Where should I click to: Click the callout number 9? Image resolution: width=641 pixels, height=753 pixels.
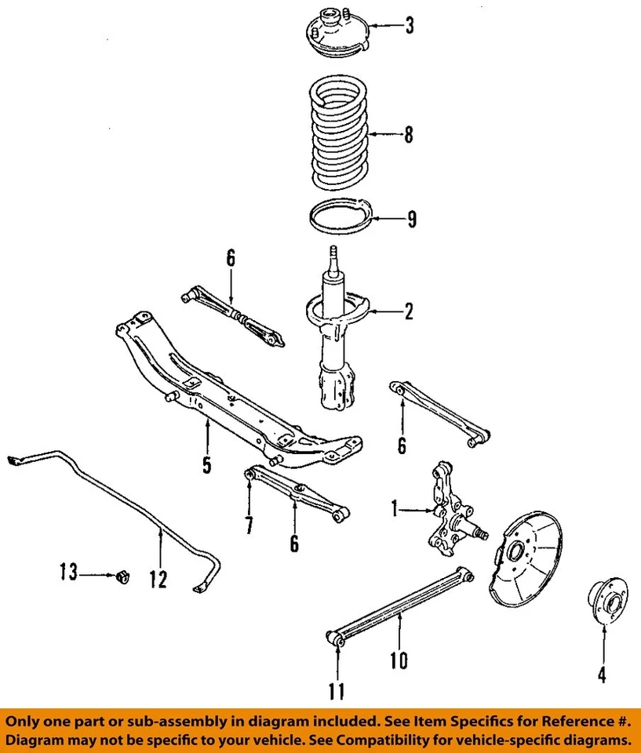tap(411, 220)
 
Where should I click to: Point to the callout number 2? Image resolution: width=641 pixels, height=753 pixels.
tap(408, 312)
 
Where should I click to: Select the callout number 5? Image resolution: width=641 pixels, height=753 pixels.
tap(206, 465)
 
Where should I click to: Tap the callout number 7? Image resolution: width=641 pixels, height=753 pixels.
tap(249, 524)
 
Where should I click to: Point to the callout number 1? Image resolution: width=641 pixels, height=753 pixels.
tap(395, 510)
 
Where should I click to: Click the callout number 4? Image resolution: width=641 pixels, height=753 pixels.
tap(603, 673)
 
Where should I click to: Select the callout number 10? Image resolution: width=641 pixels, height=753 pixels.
tap(399, 660)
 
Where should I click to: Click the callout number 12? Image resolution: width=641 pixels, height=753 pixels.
tap(158, 579)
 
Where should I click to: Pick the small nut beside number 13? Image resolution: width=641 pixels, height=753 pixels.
tap(121, 577)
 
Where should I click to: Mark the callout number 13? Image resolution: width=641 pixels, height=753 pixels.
tap(68, 574)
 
